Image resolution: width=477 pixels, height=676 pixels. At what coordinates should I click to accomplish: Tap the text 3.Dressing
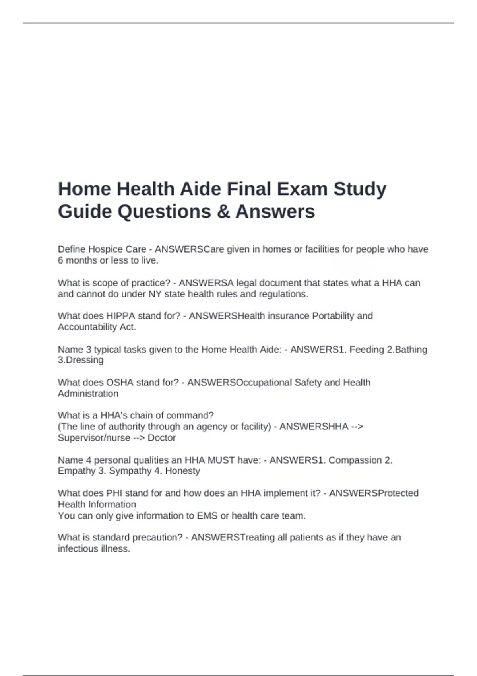[x=81, y=360]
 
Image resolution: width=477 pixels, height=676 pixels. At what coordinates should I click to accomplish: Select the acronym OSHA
[x=120, y=383]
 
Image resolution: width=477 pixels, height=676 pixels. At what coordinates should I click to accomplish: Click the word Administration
[x=88, y=394]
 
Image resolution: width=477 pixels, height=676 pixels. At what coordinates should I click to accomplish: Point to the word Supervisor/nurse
[x=94, y=438]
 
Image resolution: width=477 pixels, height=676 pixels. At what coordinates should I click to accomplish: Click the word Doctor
[x=161, y=438]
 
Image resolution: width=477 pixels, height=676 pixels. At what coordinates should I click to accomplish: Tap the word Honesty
[x=182, y=471]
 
